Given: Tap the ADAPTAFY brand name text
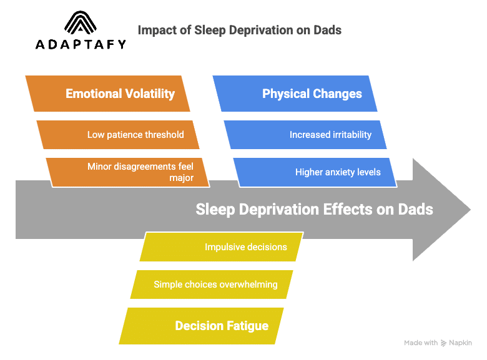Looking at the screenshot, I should pos(81,44).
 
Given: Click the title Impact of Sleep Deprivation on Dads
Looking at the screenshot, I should pos(239,30).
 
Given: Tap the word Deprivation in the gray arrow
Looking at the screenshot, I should pos(277,209).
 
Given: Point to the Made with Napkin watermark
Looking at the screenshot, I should pos(438,343).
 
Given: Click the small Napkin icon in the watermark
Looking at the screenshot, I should pos(444,343).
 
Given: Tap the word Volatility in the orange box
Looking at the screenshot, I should pos(150,94).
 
